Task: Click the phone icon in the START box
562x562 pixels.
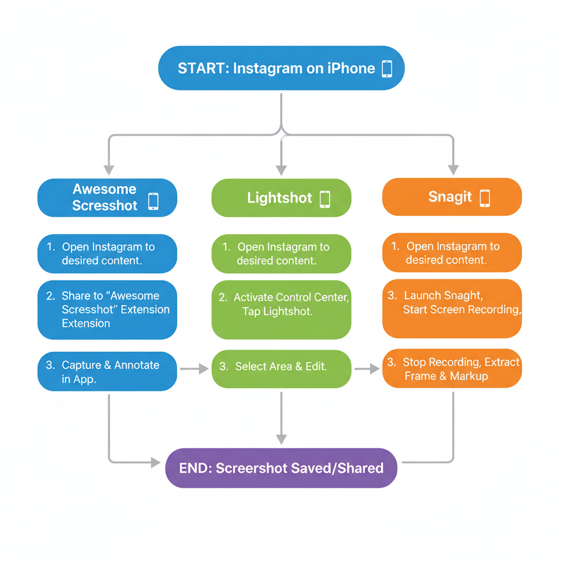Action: coord(387,69)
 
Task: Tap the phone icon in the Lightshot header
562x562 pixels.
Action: coord(325,199)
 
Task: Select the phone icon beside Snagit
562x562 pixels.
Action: coord(485,198)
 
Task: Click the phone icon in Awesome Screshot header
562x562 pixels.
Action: coord(153,201)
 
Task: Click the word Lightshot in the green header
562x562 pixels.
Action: coord(279,198)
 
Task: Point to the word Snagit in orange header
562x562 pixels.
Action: coord(449,197)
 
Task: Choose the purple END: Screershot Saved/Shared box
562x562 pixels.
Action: coord(281,468)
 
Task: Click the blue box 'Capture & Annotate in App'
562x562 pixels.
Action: coord(107,372)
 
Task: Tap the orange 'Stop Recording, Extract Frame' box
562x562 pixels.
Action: coord(452,368)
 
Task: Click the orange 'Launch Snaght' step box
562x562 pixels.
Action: coord(452,308)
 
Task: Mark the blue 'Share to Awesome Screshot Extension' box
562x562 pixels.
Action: coord(107,310)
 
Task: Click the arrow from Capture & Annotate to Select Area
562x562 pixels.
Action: coord(194,369)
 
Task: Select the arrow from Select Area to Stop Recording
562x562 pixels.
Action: coord(367,369)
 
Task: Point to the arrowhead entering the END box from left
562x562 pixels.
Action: coord(156,463)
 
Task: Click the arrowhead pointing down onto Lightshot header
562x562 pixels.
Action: coord(281,170)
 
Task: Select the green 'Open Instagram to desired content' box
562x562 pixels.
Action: coord(281,254)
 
